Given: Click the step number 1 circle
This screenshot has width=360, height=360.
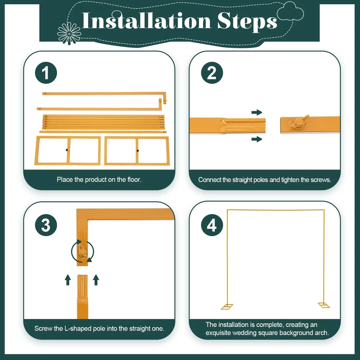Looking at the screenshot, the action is (46, 73).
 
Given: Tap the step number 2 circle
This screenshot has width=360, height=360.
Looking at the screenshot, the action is (212, 73).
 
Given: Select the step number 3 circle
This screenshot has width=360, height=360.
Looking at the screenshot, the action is (46, 225).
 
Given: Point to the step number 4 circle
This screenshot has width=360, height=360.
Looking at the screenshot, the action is (212, 225).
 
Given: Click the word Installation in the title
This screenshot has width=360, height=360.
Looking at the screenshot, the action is (146, 21).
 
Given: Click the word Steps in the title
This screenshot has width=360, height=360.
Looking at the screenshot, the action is (247, 22).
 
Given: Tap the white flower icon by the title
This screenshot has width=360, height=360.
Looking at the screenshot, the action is (69, 33).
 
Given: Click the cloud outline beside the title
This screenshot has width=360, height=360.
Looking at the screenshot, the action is (290, 11).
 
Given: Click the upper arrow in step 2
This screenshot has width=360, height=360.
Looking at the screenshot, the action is (257, 112).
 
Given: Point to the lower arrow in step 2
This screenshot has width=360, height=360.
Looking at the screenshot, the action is (257, 139).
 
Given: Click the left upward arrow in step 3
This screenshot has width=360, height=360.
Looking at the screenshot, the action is (68, 280).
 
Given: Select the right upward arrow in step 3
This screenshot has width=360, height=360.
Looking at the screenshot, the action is (96, 280).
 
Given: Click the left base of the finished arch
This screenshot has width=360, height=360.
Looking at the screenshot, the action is (227, 306).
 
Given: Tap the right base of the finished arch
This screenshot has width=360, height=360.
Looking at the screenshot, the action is (324, 305).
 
